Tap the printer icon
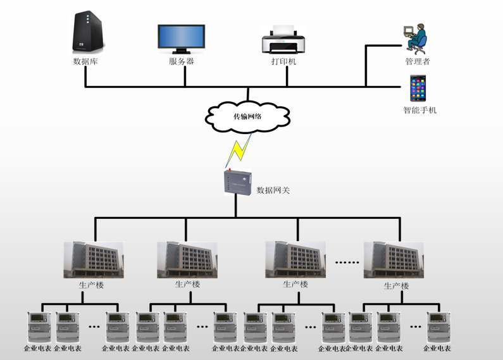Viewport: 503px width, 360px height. (x=283, y=40)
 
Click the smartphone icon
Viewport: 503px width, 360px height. (x=418, y=89)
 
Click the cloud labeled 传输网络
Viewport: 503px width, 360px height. (x=248, y=116)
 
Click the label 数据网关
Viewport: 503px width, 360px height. (x=273, y=190)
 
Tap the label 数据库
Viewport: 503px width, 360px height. (x=85, y=61)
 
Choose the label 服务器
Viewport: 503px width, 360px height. (x=181, y=61)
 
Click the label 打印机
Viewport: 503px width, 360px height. (x=283, y=61)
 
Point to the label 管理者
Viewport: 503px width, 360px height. (x=418, y=61)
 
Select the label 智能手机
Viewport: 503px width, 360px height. (x=419, y=110)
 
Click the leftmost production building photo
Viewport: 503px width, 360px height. (x=93, y=260)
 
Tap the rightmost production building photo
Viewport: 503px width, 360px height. (x=393, y=260)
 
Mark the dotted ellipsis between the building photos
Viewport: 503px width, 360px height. (x=346, y=261)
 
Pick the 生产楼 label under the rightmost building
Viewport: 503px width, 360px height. (x=396, y=286)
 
